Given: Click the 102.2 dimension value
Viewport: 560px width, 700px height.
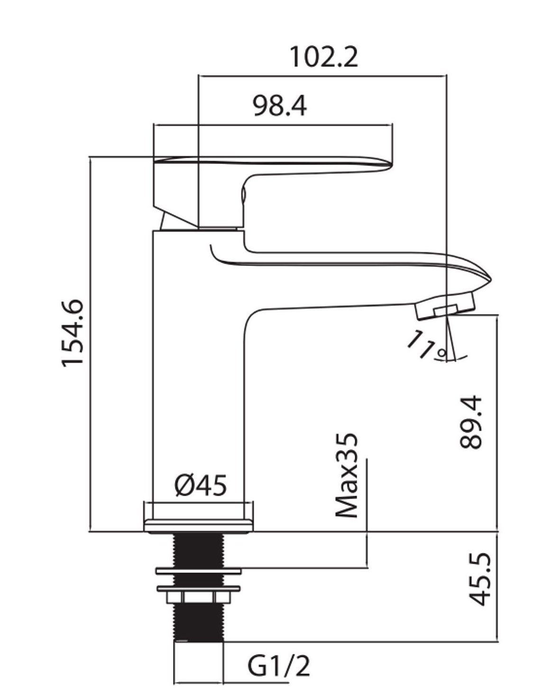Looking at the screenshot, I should coord(323,57).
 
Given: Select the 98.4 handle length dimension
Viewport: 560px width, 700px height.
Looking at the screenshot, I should coord(279,106).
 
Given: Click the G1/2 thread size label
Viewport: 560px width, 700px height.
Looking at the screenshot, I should coord(279,666).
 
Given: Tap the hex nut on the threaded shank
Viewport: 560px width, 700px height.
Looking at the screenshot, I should coord(199,596).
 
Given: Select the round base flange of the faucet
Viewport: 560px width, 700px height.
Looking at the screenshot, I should coord(198,524).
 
